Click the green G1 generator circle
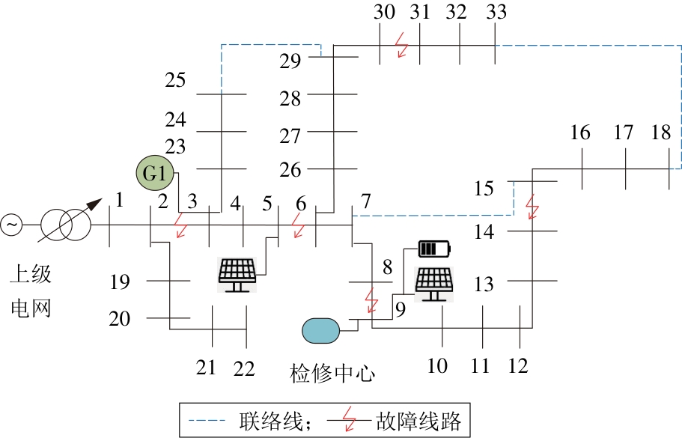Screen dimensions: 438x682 point(154,174)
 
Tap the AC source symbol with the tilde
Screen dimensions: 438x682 point(12,224)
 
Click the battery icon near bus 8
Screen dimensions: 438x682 point(435,249)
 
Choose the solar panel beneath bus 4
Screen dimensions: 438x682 point(240,274)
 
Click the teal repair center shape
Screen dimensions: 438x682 point(321,330)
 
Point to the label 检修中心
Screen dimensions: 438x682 point(332,373)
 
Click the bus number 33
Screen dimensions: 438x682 point(496,12)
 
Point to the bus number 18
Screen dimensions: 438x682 point(661,133)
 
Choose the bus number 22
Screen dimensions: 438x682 point(244,368)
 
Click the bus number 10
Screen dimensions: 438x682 point(437,366)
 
